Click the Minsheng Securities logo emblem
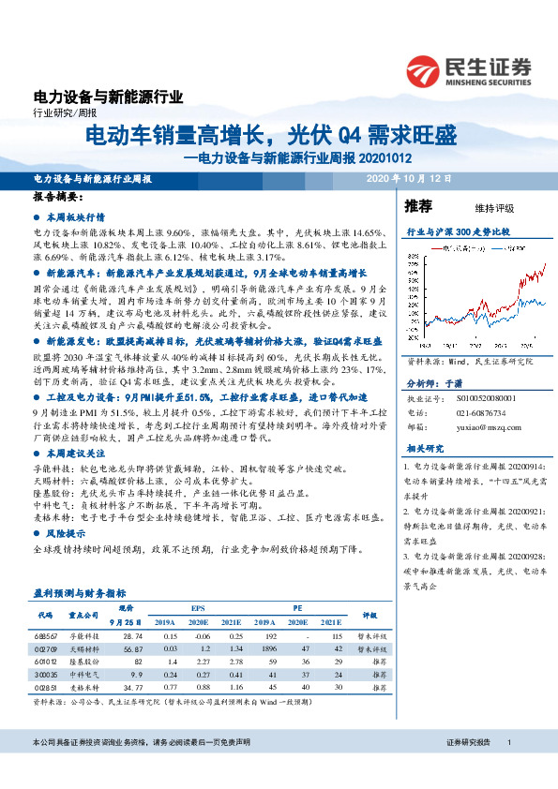coord(427,70)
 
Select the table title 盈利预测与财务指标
coord(80,594)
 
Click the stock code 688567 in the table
coord(47,635)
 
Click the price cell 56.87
coord(132,648)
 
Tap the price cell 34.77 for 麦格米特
coord(132,687)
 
